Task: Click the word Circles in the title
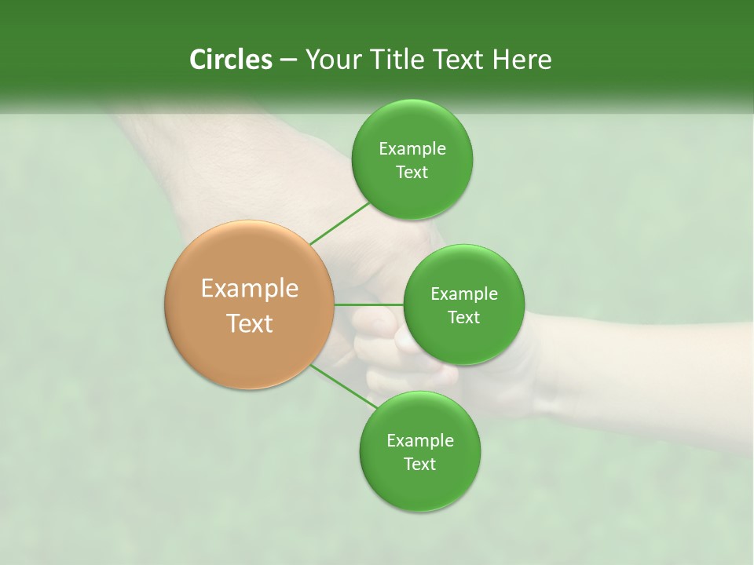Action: [231, 60]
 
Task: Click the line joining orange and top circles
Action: [339, 223]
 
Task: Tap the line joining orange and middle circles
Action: [369, 304]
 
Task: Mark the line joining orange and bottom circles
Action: [344, 387]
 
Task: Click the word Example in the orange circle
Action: [250, 289]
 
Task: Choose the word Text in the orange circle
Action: [250, 323]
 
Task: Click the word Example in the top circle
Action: [412, 149]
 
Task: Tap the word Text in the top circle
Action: [412, 173]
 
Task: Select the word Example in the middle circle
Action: [464, 294]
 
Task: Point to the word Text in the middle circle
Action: [464, 318]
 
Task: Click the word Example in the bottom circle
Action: [420, 441]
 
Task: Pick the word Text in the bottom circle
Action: [420, 465]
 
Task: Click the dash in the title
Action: [288, 60]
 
